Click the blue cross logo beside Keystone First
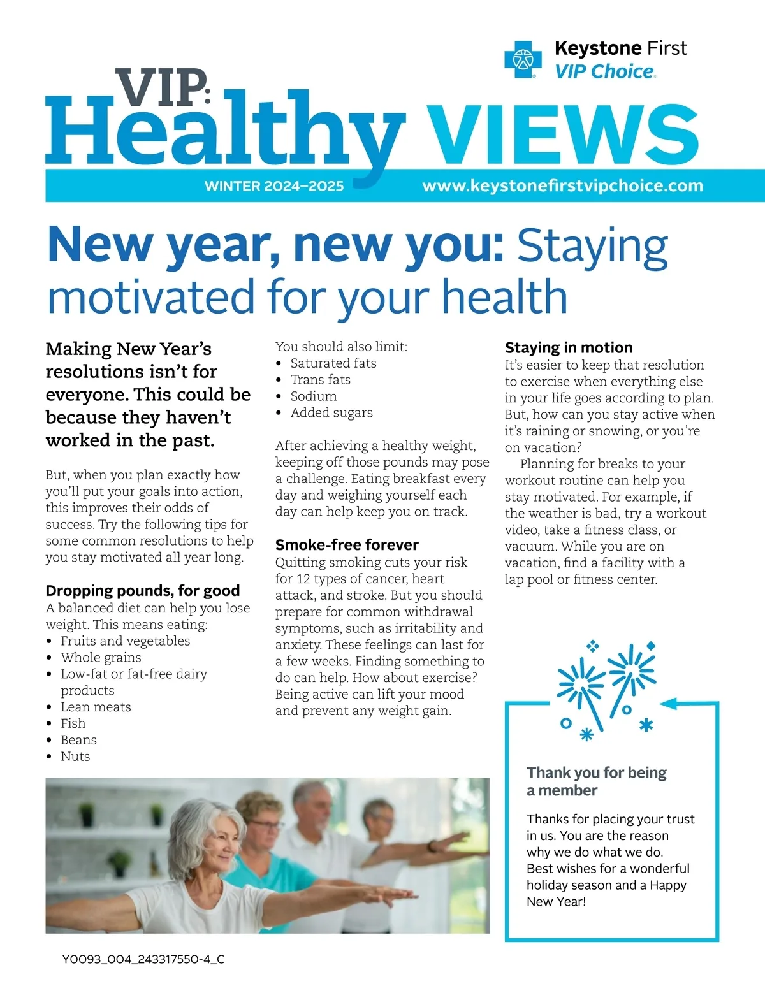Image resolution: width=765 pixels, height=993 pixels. pos(523,59)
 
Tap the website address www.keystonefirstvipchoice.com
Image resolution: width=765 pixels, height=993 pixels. pos(562,186)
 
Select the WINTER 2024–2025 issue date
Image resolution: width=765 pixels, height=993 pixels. pos(274,186)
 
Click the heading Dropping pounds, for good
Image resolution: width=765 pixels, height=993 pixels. pos(143,590)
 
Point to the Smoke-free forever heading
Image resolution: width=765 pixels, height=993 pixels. pos(347,545)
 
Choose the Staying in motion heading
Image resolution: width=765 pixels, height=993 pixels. pos(569,347)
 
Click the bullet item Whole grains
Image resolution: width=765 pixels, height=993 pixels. pos(101,657)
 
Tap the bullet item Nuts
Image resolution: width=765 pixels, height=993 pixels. pos(75,757)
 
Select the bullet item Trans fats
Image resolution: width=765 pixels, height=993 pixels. pos(320,380)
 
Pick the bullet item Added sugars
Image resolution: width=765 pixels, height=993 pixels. pos(331,413)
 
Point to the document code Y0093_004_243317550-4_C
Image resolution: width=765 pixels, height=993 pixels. pos(143,959)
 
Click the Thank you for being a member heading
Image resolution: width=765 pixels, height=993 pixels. pos(596,781)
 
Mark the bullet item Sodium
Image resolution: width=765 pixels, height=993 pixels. pos(313,396)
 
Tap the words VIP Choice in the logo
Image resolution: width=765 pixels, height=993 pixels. pos(604,71)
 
